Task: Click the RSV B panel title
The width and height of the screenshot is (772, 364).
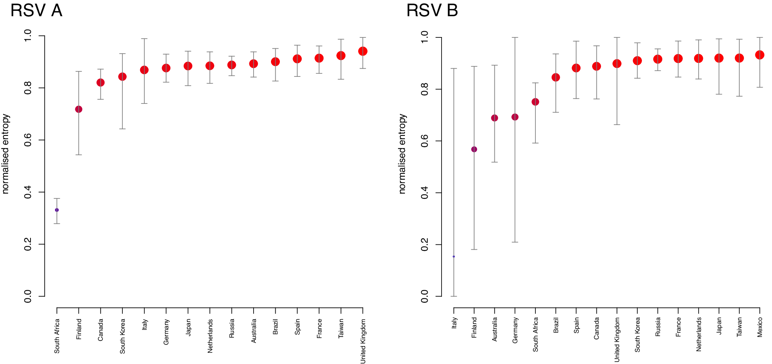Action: (x=432, y=11)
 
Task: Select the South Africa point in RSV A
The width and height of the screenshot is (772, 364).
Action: (x=57, y=210)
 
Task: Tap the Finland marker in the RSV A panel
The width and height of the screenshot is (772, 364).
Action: (x=79, y=109)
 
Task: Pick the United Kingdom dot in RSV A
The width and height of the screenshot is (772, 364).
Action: (x=363, y=51)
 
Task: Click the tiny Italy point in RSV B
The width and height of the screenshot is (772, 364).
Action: (x=454, y=256)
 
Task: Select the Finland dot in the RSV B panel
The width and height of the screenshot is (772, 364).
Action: (x=474, y=149)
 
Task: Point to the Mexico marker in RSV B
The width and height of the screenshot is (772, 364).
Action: (x=760, y=55)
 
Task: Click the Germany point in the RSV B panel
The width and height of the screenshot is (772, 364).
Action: (x=515, y=117)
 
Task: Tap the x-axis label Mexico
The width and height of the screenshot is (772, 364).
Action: (x=760, y=327)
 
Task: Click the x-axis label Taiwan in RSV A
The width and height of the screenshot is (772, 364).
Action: (x=341, y=329)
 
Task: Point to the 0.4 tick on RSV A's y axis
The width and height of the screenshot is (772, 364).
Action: (x=28, y=192)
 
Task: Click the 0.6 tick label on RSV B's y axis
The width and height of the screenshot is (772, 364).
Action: (x=424, y=141)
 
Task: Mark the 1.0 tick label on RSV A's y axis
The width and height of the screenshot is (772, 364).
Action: (x=28, y=36)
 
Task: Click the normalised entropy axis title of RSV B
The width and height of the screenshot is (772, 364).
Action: (x=402, y=154)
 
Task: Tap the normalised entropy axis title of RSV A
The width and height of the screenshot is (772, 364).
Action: (x=5, y=154)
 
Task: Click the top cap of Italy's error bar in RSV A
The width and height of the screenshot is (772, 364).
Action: (x=144, y=39)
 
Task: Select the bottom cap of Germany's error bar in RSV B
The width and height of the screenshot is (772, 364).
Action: (x=515, y=242)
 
